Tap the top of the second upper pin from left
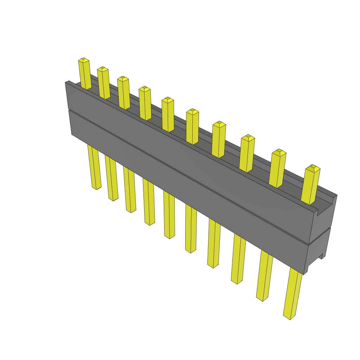(102, 69)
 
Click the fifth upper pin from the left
(168, 114)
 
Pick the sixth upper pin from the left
(192, 127)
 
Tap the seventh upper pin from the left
(219, 139)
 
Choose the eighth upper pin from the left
(247, 153)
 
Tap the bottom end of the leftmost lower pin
(96, 187)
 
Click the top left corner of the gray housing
(66, 83)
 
